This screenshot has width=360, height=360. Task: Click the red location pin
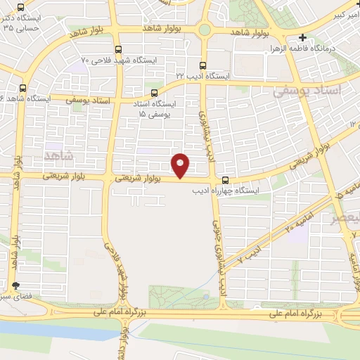(181, 165)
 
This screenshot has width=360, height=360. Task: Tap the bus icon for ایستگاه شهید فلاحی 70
(117, 50)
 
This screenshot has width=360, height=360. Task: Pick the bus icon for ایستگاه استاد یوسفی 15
(154, 92)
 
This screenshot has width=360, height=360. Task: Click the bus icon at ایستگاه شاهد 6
(24, 89)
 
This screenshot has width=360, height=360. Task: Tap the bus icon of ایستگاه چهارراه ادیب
(224, 180)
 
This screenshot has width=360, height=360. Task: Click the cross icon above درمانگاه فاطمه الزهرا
(302, 38)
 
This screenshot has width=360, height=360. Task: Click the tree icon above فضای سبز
(15, 285)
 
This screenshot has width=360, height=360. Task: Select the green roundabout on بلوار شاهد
(205, 30)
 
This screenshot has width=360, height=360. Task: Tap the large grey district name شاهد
(58, 154)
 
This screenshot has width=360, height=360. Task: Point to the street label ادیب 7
(250, 255)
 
